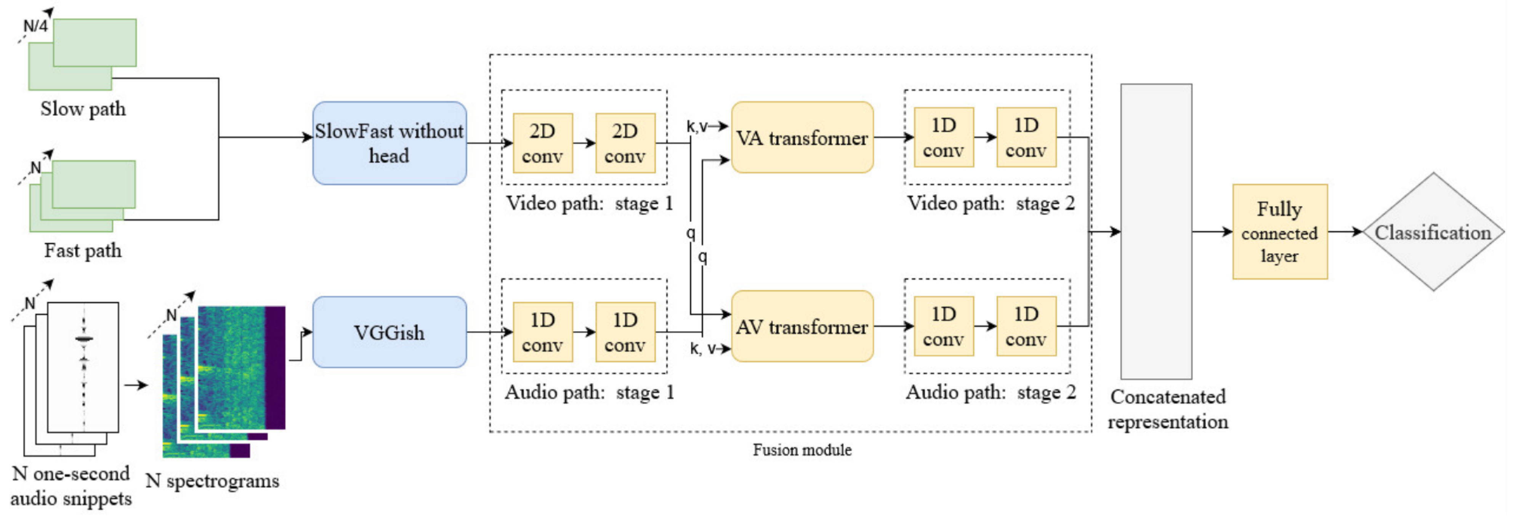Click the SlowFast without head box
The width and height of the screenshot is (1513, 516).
389,143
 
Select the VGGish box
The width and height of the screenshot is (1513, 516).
389,332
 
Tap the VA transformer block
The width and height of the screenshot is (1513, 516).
802,138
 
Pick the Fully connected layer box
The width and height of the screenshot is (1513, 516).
1279,232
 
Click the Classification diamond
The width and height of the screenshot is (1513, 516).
1433,232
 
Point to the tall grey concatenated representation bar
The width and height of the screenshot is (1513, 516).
1156,232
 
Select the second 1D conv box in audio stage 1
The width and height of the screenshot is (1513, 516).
625,332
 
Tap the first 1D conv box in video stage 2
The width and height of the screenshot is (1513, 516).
943,137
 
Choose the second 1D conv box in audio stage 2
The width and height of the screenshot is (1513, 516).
1026,326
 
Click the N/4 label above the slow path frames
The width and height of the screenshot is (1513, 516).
35,26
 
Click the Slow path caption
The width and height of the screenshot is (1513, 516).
83,109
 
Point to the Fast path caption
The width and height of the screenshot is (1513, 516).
83,251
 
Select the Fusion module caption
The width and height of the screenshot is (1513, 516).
802,450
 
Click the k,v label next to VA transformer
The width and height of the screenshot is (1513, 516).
697,126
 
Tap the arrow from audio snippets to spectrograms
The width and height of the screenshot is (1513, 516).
136,385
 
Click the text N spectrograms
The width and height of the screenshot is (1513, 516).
212,481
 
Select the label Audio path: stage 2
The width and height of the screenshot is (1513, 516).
990,392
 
